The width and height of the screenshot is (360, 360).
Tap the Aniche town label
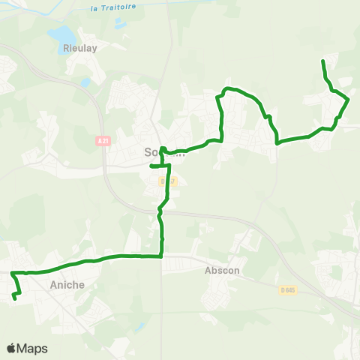(66, 285)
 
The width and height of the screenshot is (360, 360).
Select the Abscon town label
(222, 272)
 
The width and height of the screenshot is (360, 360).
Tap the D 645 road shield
(287, 289)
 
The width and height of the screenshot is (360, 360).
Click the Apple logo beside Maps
(12, 348)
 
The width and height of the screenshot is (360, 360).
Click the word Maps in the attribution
(32, 348)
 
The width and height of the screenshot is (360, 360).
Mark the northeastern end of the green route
(322, 60)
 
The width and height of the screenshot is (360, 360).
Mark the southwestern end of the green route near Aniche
(15, 298)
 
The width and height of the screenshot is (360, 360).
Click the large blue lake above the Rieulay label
(62, 34)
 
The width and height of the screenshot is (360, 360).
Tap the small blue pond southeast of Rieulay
(86, 82)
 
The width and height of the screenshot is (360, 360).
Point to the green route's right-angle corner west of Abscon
(162, 256)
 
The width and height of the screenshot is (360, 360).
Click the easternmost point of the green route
(349, 99)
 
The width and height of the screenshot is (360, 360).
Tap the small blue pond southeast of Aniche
(139, 327)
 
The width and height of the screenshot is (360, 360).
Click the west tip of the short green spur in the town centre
(151, 166)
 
